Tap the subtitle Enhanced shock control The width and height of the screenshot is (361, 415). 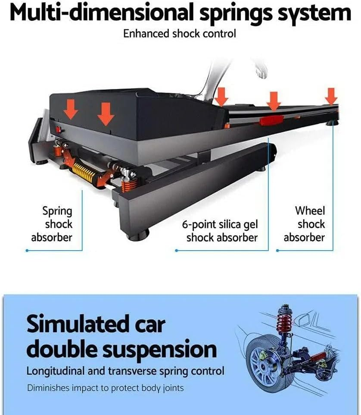click(x=180, y=34)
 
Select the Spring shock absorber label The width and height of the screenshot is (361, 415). click(x=52, y=224)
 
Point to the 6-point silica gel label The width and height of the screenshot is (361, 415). click(x=220, y=224)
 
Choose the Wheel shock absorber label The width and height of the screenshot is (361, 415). click(x=305, y=224)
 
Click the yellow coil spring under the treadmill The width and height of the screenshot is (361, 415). click(x=84, y=172)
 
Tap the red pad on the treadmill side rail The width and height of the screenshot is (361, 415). click(x=272, y=120)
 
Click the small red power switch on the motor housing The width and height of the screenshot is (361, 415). click(x=59, y=130)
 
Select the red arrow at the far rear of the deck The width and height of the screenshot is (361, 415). click(x=331, y=96)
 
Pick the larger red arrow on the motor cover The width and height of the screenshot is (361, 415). click(x=106, y=114)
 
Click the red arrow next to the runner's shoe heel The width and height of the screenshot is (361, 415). click(x=221, y=97)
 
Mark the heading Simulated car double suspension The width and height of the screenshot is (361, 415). click(x=121, y=336)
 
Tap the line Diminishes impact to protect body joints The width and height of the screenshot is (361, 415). click(x=106, y=388)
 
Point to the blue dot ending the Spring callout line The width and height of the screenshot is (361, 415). click(x=27, y=250)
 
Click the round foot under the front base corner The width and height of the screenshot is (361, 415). click(x=138, y=235)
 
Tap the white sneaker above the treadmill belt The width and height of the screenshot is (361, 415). click(x=261, y=69)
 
